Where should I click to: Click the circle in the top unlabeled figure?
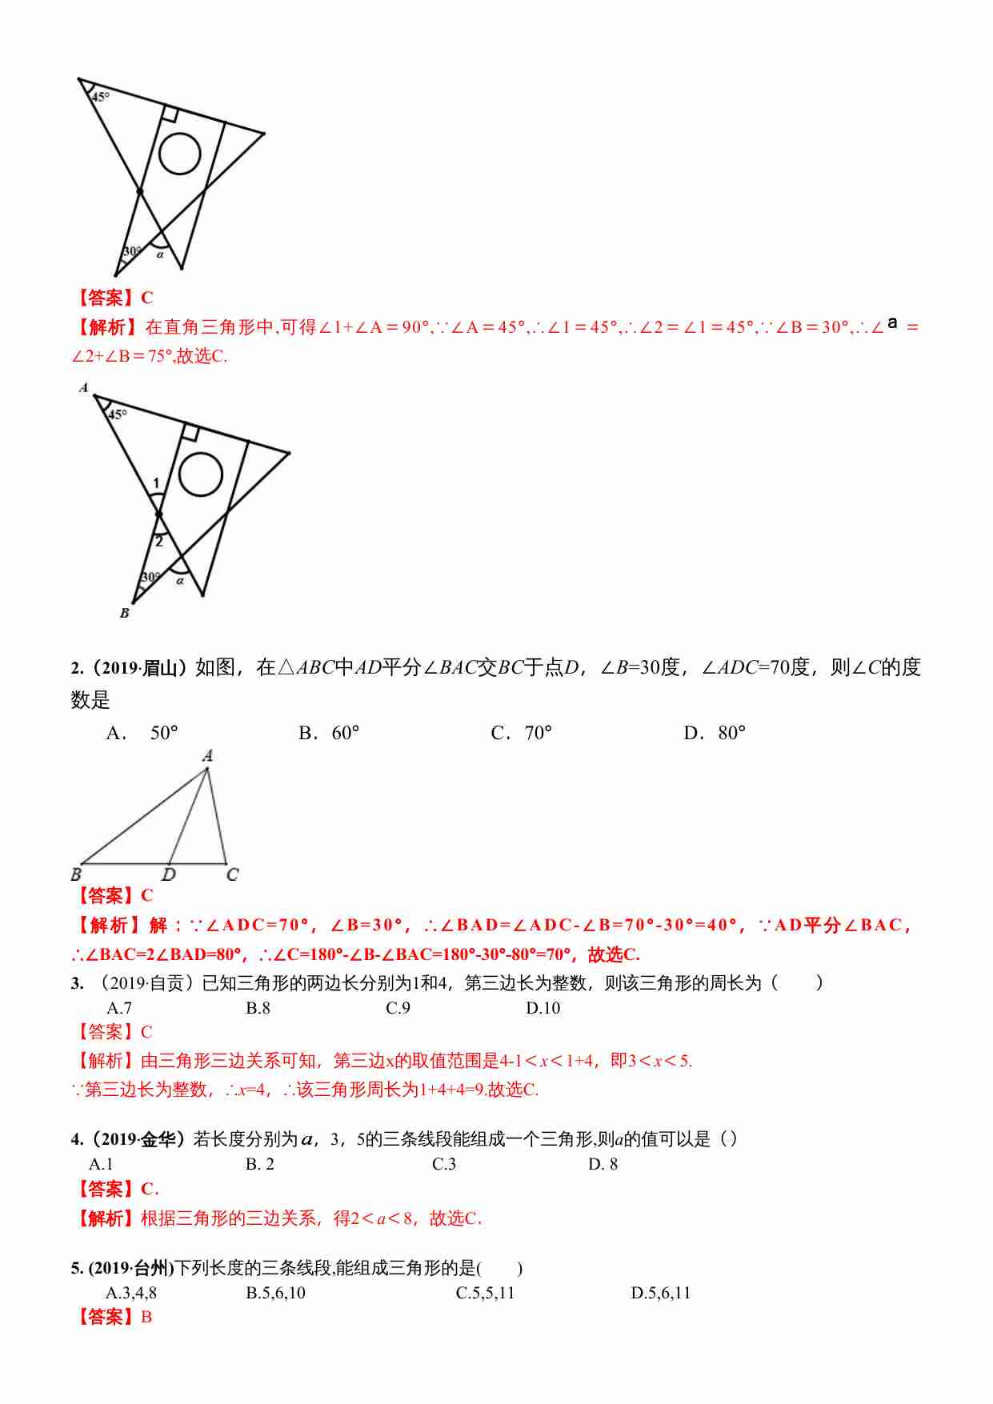179,153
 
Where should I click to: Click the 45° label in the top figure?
100,97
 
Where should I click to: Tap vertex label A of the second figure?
84,388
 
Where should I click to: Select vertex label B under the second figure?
124,613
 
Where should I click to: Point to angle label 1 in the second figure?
156,482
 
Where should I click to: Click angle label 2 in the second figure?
159,542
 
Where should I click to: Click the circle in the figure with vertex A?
200,474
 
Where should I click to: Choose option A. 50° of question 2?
142,733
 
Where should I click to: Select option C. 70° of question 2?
522,733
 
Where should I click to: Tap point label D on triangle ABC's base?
169,874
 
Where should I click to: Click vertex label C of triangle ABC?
232,874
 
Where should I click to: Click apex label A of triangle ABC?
208,755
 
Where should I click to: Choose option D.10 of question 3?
543,1008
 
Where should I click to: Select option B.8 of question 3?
258,1008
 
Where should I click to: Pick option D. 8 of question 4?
603,1164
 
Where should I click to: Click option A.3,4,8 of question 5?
131,1293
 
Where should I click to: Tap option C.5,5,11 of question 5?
485,1293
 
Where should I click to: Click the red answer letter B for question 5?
146,1317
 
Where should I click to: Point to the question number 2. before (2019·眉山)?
77,668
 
